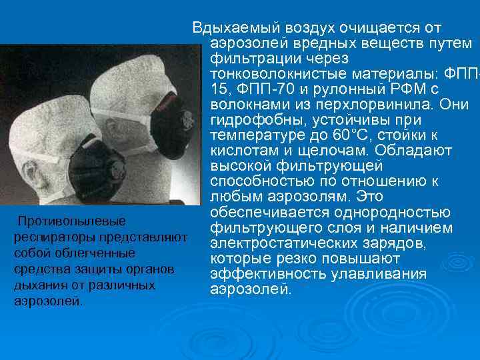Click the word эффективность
pos(261,273)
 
